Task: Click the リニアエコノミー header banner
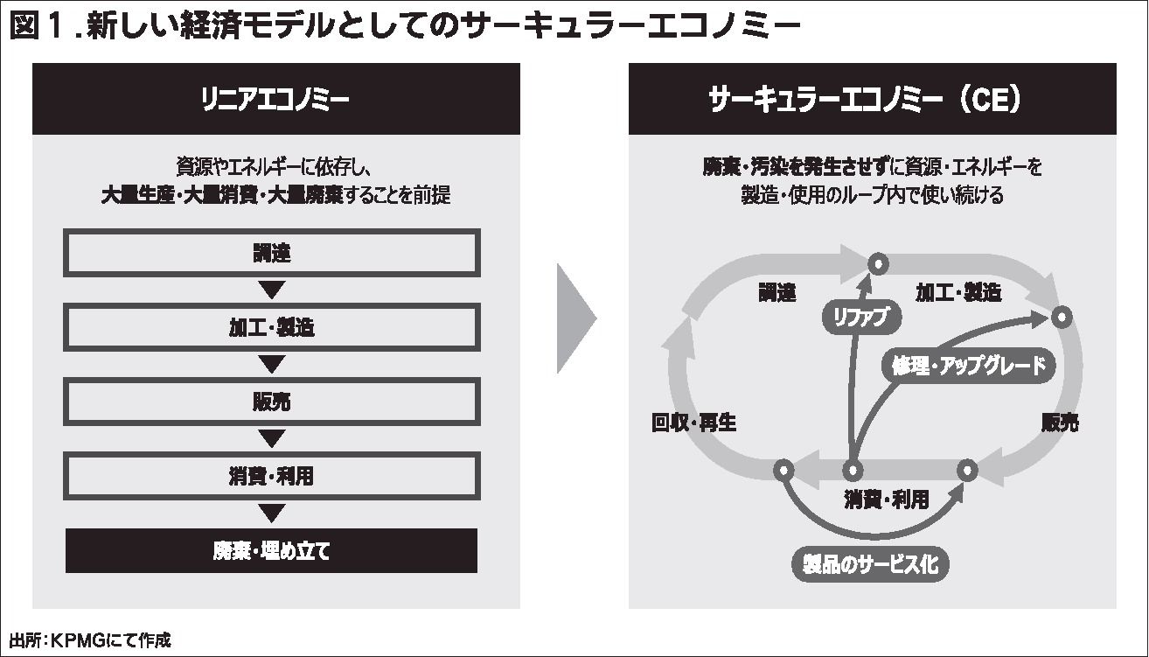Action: (275, 100)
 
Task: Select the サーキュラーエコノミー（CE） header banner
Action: (872, 100)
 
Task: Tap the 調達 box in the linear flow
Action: (271, 254)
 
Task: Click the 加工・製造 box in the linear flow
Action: (271, 328)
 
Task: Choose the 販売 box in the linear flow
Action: (271, 402)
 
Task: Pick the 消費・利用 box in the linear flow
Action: (271, 476)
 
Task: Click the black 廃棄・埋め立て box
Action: (271, 551)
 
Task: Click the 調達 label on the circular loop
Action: (776, 293)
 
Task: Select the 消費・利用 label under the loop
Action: (886, 500)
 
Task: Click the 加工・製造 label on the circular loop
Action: (957, 293)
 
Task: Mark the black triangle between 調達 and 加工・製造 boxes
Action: (273, 290)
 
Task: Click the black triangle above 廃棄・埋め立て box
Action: (273, 513)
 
